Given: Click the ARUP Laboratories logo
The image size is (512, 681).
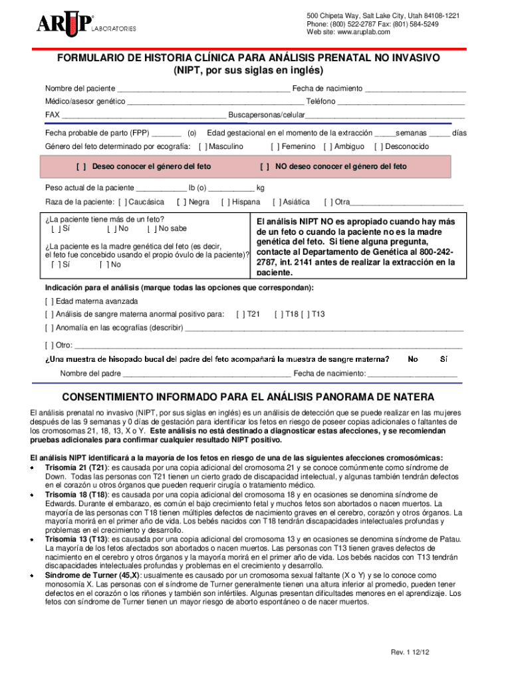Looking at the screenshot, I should coord(86,25).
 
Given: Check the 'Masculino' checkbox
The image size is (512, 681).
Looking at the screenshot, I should coord(203,146).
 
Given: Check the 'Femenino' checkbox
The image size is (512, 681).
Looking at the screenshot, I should coord(275,146).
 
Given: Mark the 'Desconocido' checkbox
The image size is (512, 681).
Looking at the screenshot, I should coord(378,146).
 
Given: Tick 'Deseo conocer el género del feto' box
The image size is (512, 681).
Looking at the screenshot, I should coord(82,167).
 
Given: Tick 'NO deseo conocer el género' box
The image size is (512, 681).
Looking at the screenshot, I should coord(265,167).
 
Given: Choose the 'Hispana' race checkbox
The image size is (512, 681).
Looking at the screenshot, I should coord(225,202).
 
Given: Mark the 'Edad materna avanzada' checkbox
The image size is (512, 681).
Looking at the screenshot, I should coord(49,301).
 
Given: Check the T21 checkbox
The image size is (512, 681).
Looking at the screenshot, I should coord(241,314).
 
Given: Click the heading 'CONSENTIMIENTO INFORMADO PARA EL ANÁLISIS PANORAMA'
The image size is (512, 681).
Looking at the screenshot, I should coord(248,397).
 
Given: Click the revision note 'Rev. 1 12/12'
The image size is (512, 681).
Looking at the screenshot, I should coord(410,652).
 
